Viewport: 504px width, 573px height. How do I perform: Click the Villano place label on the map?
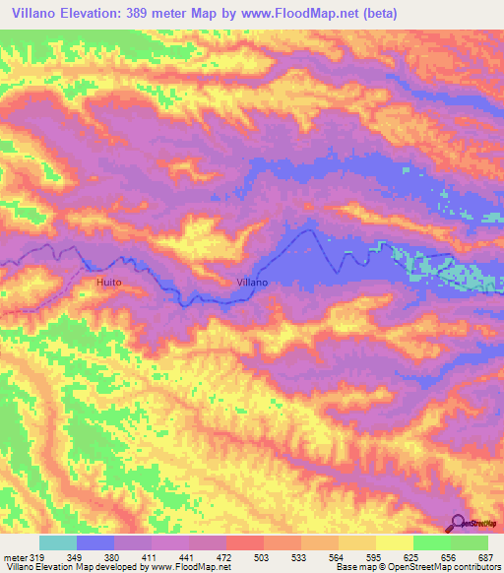253,283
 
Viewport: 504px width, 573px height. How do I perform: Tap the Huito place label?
109,283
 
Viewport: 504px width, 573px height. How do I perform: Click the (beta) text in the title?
420,13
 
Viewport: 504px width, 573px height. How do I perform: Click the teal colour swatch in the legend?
58,542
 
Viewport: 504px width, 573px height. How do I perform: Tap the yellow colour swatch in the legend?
395,542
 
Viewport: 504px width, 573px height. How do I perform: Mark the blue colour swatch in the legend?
95,542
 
